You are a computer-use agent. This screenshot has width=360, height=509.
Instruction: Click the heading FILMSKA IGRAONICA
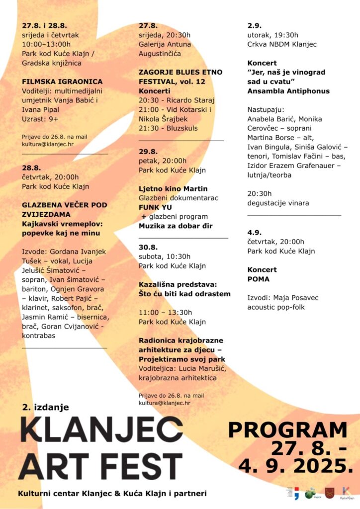[x=62, y=82]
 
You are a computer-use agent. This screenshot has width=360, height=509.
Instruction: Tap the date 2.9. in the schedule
[x=254, y=25]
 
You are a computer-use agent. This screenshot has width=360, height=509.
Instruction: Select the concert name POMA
[x=258, y=279]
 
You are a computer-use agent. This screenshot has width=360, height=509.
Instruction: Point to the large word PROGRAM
[x=287, y=430]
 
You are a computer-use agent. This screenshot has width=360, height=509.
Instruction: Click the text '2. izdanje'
[x=45, y=407]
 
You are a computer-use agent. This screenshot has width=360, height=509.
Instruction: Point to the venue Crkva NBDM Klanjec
[x=281, y=44]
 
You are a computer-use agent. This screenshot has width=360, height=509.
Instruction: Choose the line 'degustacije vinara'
[x=278, y=202]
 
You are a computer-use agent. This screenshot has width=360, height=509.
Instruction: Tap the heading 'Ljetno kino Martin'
[x=173, y=188]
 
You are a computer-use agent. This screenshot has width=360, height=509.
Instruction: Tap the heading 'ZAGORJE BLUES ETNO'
[x=180, y=72]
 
